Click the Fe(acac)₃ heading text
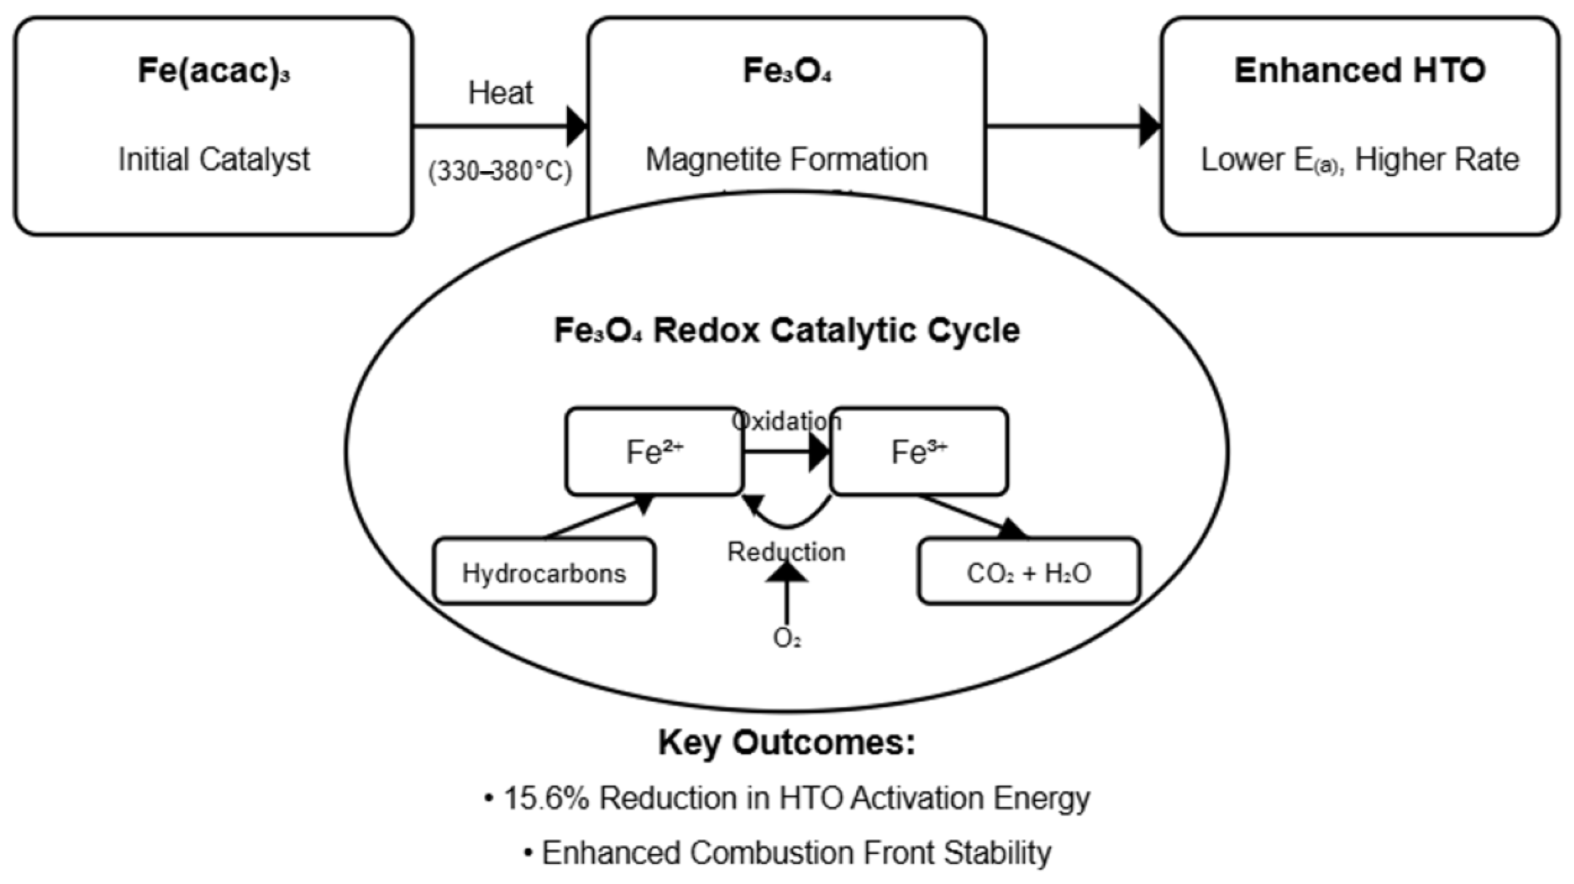[x=213, y=71]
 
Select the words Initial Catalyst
[x=214, y=159]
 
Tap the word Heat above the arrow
[x=500, y=94]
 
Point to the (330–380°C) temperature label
[x=500, y=171]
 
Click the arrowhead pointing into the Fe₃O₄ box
[x=577, y=126]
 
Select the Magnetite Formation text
[x=786, y=159]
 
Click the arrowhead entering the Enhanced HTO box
[x=1149, y=126]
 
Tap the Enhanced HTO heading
[x=1359, y=71]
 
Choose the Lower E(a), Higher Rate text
[x=1359, y=160]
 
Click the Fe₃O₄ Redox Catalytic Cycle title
[x=786, y=330]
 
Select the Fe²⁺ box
[x=654, y=452]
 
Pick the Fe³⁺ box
[x=918, y=452]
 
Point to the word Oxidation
[x=786, y=421]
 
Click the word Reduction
[x=786, y=552]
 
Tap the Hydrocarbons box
[x=544, y=573]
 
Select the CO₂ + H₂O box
[x=1028, y=573]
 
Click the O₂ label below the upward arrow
[x=786, y=639]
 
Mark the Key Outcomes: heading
[x=786, y=743]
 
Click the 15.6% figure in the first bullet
[x=546, y=798]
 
